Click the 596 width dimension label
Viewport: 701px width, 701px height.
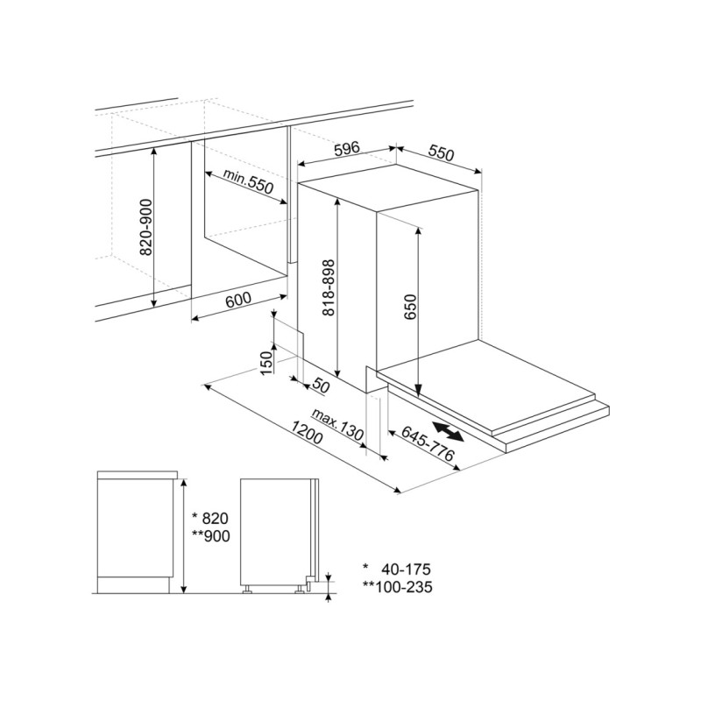coord(347,149)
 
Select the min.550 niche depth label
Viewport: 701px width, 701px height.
coord(248,181)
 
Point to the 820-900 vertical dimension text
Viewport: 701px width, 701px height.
coord(146,228)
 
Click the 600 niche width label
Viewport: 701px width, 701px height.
coord(238,300)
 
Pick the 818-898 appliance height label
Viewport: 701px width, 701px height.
coord(329,288)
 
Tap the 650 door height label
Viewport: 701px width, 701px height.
coord(410,307)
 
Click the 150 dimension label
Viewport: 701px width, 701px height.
coord(266,363)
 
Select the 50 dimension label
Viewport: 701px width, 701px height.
coord(320,385)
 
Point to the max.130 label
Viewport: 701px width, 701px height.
coord(337,424)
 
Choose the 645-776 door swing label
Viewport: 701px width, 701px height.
coord(428,443)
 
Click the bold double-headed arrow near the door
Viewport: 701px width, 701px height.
coord(449,431)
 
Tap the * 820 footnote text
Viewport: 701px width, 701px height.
coord(210,518)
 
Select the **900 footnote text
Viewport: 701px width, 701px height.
coord(210,535)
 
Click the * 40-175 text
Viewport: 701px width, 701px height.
coord(397,569)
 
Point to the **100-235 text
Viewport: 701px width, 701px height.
coord(397,586)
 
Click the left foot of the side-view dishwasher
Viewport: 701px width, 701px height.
coord(246,589)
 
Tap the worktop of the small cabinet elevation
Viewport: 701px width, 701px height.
coord(138,475)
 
